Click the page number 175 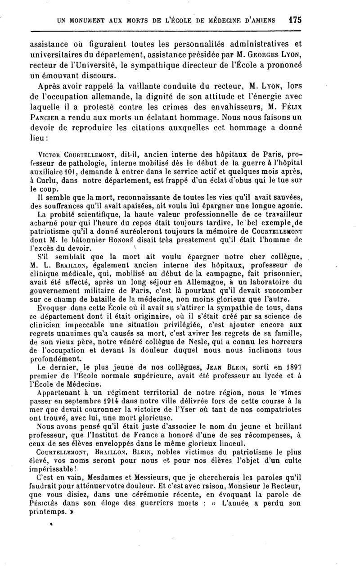(x=294, y=20)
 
